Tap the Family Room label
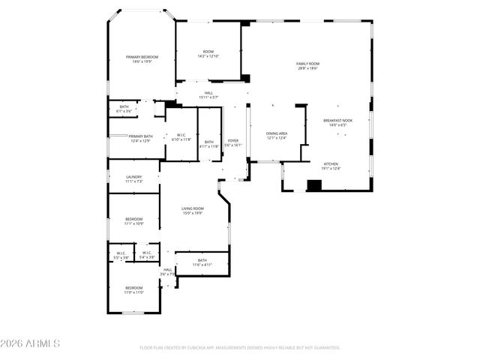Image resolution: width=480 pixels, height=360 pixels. point(307,64)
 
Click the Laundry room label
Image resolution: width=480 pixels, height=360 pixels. point(134,178)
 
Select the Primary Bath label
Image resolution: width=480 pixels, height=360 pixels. point(140,138)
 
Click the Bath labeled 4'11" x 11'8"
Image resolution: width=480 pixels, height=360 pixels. point(209,144)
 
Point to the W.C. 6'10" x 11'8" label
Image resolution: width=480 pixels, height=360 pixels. point(181,137)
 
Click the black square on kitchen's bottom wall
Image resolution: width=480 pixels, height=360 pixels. point(314,185)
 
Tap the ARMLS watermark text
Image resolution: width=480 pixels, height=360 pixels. point(30,343)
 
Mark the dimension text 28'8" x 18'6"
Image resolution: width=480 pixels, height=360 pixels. point(307,68)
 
